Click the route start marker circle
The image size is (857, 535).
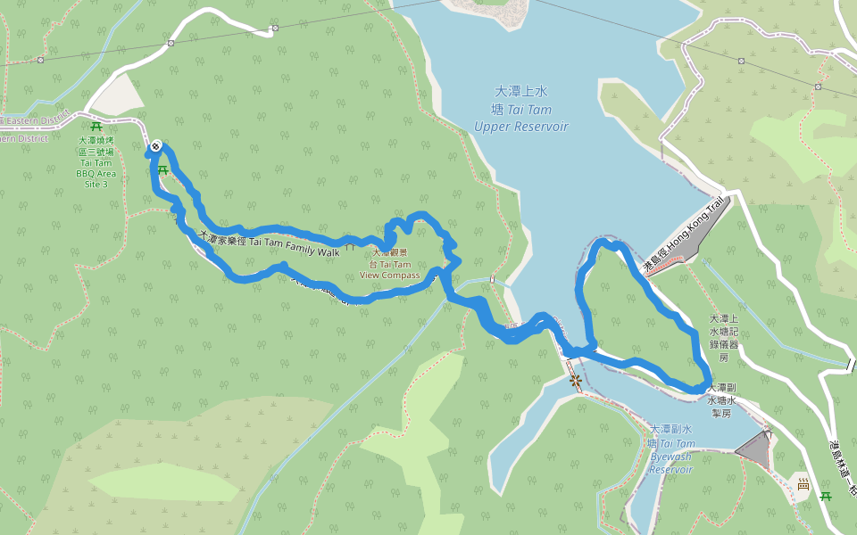point(156,145)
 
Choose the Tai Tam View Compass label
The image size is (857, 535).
point(389,265)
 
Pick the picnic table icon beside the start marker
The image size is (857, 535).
point(162,169)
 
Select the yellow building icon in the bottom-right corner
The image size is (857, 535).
point(803,485)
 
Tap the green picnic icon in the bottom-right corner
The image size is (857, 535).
point(826,495)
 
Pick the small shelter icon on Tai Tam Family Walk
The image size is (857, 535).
point(350,243)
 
